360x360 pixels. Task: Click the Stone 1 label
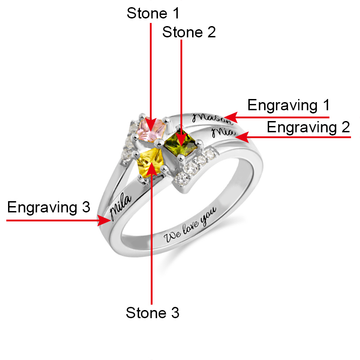[153, 13]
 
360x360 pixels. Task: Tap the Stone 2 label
[189, 32]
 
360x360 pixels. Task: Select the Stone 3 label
[153, 313]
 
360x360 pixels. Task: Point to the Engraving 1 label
[288, 106]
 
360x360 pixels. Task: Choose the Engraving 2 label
[308, 127]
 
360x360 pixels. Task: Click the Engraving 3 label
[49, 207]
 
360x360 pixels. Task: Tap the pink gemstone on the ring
[151, 129]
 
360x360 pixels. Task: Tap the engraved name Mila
[120, 206]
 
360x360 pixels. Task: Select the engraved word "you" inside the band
[208, 216]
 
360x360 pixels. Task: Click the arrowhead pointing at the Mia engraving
[242, 137]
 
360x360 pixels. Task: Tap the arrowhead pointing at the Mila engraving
[104, 220]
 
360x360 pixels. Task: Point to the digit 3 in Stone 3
[175, 313]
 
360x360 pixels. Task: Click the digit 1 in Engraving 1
[327, 105]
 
